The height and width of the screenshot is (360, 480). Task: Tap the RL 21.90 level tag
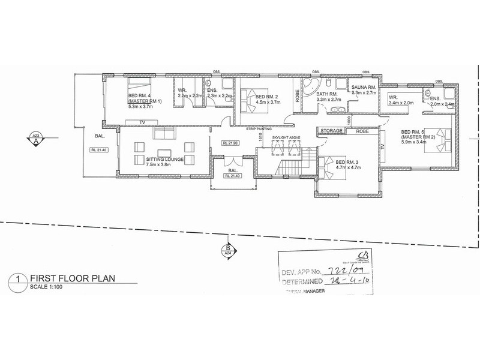pos(230,143)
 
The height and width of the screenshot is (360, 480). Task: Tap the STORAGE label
pos(331,130)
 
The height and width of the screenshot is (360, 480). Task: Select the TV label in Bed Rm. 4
pos(142,122)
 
